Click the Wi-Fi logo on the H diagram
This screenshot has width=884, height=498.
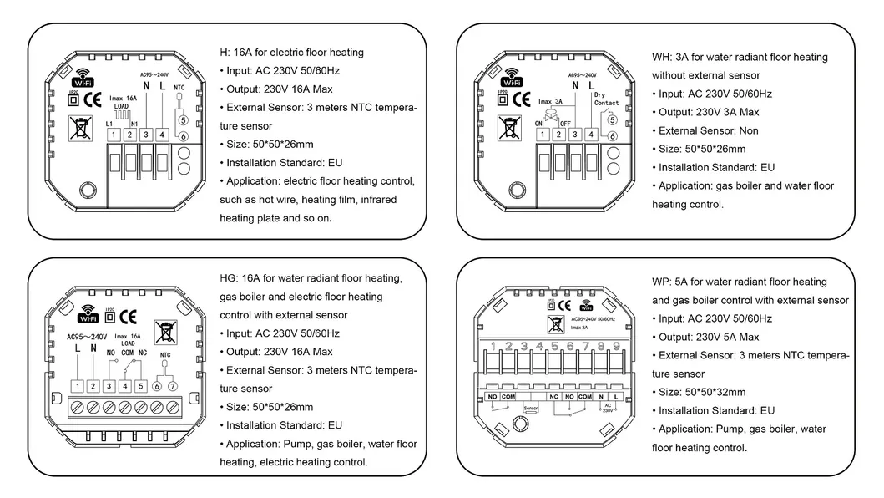click(x=83, y=78)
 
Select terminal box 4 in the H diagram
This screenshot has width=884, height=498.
click(x=162, y=135)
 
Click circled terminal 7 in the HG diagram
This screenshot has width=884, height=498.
click(x=173, y=385)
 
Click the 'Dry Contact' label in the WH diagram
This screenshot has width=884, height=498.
click(x=605, y=99)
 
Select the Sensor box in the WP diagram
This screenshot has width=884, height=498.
click(x=531, y=409)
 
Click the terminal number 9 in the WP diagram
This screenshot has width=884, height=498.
click(x=617, y=346)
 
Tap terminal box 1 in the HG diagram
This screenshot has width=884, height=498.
click(x=78, y=385)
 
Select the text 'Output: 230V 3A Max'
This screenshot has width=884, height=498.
click(x=706, y=112)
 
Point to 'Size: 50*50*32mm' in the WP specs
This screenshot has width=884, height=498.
click(x=702, y=392)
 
